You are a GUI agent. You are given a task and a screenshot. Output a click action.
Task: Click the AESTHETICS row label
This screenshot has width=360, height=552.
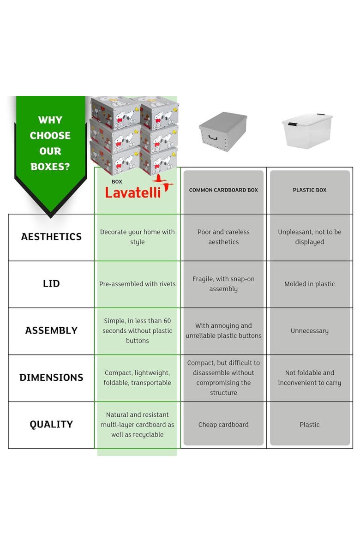tap(51, 237)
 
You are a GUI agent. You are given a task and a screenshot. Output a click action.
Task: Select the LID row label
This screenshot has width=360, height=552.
tap(51, 283)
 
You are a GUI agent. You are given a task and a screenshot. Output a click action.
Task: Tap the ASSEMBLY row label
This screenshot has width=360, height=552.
tap(51, 330)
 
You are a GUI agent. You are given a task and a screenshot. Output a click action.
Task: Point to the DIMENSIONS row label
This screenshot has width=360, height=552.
tap(51, 378)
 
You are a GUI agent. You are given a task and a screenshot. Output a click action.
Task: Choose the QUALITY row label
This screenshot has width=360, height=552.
tap(51, 424)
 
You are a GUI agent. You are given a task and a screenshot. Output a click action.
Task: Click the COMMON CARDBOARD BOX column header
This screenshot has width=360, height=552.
tap(223, 190)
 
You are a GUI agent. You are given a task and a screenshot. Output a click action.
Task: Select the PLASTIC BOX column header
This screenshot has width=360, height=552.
tap(310, 190)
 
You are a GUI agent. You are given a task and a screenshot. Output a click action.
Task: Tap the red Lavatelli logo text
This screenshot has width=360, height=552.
tap(133, 192)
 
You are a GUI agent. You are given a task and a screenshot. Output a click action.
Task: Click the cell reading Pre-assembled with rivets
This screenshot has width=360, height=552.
tap(137, 284)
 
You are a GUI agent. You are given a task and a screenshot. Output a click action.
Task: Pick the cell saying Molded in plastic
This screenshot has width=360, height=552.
tap(310, 284)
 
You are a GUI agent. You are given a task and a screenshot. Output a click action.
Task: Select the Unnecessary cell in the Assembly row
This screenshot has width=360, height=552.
tap(310, 331)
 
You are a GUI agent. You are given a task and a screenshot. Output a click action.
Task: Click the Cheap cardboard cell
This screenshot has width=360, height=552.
tap(223, 425)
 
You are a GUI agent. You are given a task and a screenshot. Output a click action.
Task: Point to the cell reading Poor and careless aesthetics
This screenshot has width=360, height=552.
tap(223, 237)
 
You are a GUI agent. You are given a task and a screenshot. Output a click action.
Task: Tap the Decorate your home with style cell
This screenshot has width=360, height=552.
tap(137, 237)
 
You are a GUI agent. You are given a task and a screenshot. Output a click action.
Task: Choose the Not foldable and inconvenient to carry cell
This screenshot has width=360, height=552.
tap(310, 378)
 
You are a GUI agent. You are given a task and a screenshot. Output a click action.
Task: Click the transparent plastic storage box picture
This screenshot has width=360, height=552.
tap(307, 130)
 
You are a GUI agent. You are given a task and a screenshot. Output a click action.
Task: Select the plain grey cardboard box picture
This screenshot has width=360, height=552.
tap(223, 132)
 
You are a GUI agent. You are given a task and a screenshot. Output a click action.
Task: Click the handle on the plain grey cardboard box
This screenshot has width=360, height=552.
tap(213, 137)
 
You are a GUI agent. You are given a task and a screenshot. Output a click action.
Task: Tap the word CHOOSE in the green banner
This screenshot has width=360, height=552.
tap(50, 136)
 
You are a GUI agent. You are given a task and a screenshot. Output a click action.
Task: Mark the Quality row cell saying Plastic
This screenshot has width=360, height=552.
tap(310, 425)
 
